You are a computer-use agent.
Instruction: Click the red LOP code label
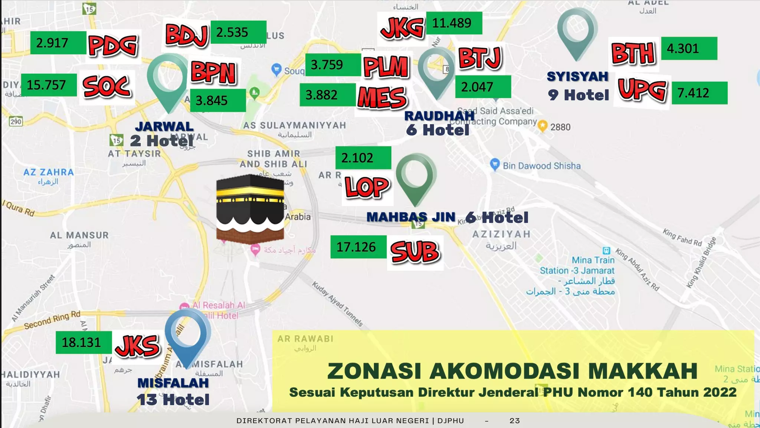(367, 187)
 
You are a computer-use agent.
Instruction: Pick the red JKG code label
(402, 27)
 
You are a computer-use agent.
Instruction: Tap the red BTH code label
(633, 54)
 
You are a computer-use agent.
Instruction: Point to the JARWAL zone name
(164, 127)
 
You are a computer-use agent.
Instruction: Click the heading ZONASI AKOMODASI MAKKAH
(512, 371)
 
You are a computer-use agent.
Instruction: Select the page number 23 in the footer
(514, 421)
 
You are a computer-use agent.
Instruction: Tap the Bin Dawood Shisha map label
(541, 166)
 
